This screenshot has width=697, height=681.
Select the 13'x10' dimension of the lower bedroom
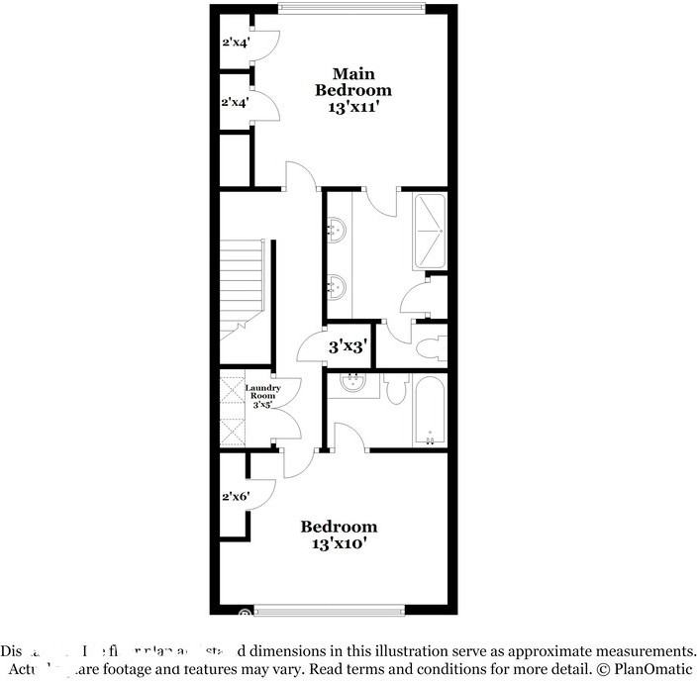[x=339, y=543]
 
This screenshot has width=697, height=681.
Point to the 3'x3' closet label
[x=348, y=346]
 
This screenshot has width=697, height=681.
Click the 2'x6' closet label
[x=235, y=497]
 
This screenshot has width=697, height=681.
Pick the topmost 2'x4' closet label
[x=235, y=42]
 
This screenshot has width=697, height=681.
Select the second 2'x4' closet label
[x=235, y=102]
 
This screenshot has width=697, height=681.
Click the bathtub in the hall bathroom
[x=430, y=411]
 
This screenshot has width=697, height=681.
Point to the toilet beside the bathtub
[x=396, y=392]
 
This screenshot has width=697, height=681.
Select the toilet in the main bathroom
[x=429, y=348]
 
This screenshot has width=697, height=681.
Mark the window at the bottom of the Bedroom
[x=329, y=610]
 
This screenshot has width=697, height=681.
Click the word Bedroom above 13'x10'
[x=339, y=527]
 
